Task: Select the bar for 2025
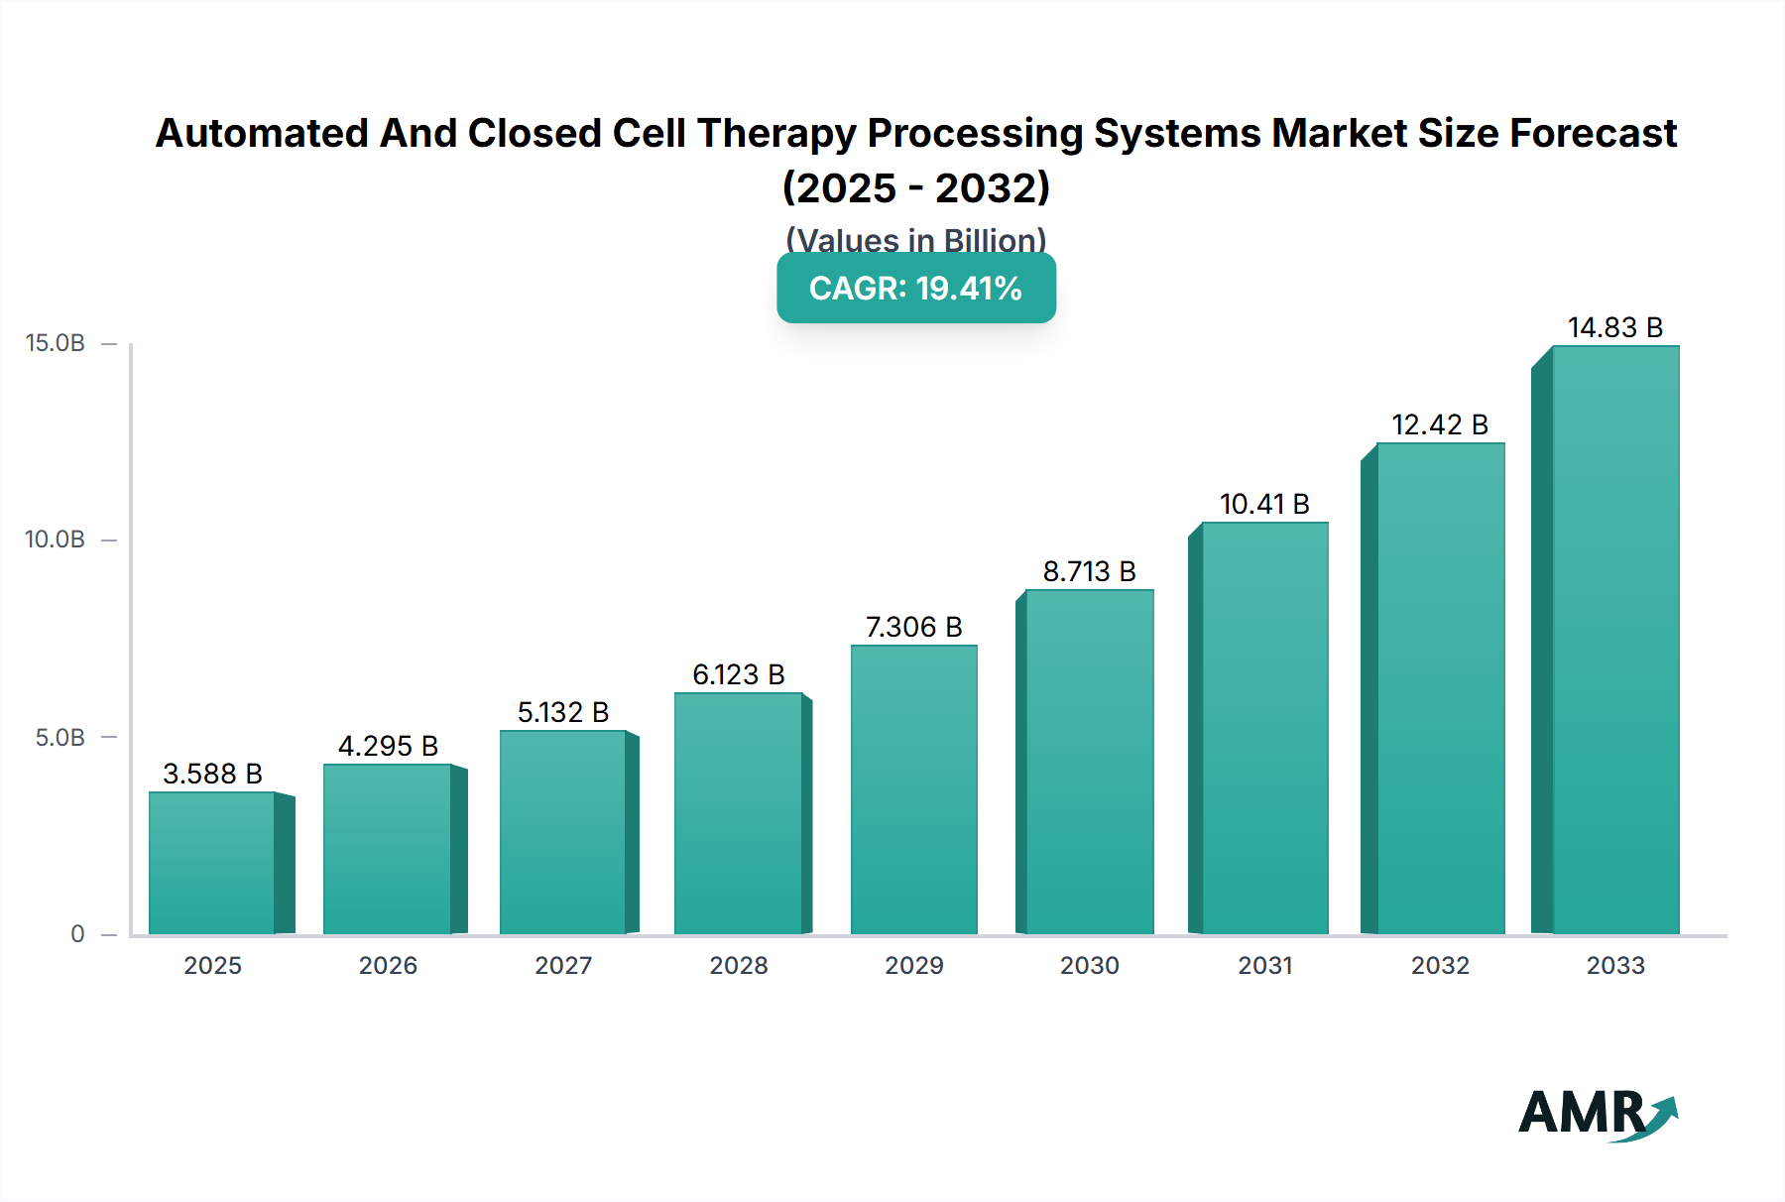click(x=211, y=863)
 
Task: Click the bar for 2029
click(x=913, y=789)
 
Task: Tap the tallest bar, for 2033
click(x=1614, y=640)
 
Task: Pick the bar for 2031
click(x=1264, y=728)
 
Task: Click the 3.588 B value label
click(x=212, y=774)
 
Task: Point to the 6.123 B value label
click(x=738, y=674)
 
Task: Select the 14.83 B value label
click(x=1614, y=327)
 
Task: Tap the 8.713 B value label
click(x=1089, y=571)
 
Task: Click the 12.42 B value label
click(x=1440, y=424)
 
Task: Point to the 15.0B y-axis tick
click(x=56, y=343)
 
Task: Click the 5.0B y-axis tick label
click(x=59, y=737)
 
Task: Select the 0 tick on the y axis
click(x=77, y=933)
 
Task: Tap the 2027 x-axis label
click(x=563, y=965)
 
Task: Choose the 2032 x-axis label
click(x=1440, y=965)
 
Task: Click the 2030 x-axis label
click(x=1089, y=965)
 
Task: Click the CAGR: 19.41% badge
click(x=915, y=289)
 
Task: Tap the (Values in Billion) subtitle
click(x=915, y=240)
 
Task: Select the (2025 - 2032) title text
click(x=915, y=187)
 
